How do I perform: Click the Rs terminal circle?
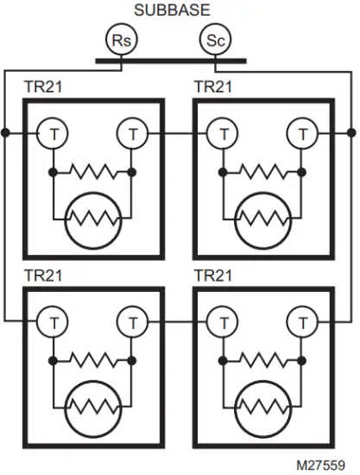pos(121,40)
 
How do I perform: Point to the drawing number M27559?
pos(326,465)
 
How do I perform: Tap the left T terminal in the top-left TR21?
pos(52,134)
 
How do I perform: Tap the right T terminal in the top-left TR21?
pos(132,134)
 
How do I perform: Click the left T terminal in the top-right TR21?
pos(223,134)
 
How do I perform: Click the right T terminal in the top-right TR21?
pos(303,134)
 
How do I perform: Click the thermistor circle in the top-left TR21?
pos(92,220)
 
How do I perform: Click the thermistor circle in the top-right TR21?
pos(263,220)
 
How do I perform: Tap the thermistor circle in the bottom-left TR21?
pos(92,408)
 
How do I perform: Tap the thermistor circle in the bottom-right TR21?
pos(263,408)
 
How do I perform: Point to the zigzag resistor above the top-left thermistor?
pos(92,173)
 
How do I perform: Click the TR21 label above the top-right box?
pos(214,88)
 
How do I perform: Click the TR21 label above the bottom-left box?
pos(43,276)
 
